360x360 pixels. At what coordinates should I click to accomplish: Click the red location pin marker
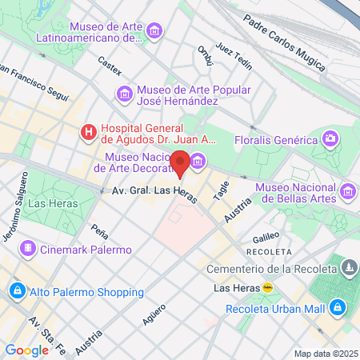point(180,163)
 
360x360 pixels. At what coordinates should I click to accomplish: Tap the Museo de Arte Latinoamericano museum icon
point(154,30)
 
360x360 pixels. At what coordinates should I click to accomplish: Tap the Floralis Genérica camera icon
point(330,139)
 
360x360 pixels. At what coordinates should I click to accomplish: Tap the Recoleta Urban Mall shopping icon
point(338,307)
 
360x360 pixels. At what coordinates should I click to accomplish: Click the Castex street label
point(109,60)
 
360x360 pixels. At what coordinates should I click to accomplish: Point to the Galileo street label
point(266,237)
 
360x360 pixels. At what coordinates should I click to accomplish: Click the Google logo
point(26,350)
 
